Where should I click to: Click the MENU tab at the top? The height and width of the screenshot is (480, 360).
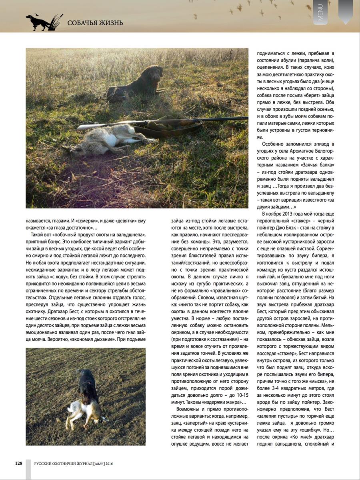coord(320,12)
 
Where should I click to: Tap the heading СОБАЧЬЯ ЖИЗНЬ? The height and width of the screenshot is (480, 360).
coord(95,23)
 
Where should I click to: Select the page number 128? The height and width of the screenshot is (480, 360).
coord(19,463)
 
